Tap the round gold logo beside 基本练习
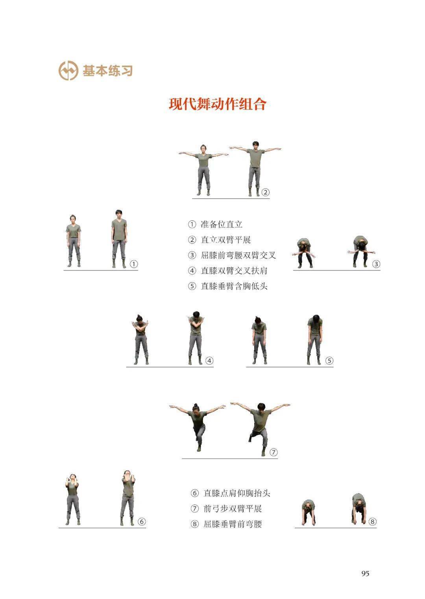coord(68,71)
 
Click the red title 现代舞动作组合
coord(218,104)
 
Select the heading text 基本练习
coord(107,71)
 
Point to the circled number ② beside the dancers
coord(265,192)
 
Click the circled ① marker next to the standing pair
coord(134,264)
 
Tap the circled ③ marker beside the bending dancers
coord(376,264)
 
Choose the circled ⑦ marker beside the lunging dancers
coord(273,452)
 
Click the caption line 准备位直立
coord(222,224)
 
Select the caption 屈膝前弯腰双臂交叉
coord(238,255)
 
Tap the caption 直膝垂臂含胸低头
coord(234,287)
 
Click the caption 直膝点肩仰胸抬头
coord(237,493)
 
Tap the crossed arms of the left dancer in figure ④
coord(140,326)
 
